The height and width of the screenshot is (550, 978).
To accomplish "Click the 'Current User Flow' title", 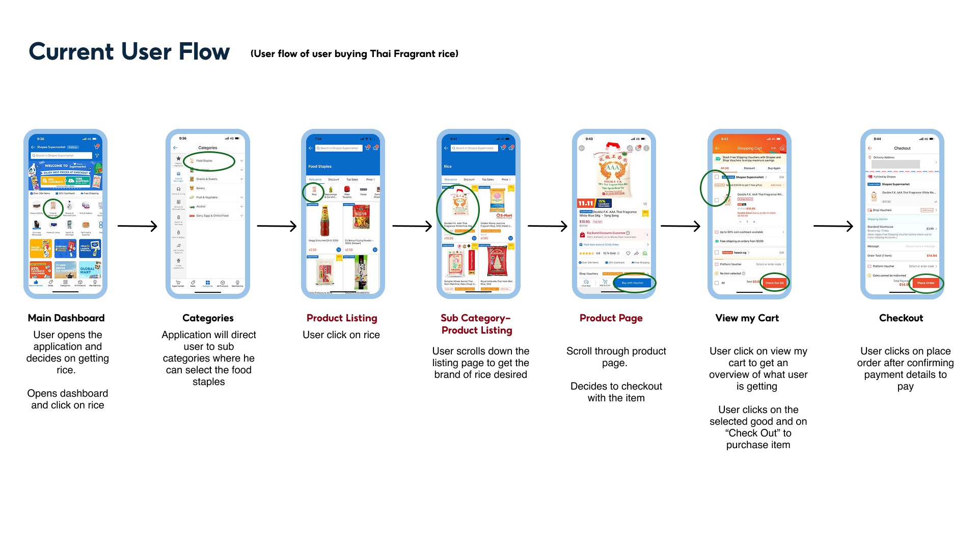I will [x=129, y=51].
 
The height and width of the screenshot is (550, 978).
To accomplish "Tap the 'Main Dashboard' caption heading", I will [x=66, y=318].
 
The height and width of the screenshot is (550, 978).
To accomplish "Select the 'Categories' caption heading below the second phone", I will [x=208, y=318].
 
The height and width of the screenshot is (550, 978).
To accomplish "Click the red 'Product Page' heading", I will [x=611, y=318].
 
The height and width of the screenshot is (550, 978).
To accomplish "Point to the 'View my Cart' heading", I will [x=747, y=318].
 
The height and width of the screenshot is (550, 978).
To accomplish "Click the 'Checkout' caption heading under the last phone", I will [x=901, y=318].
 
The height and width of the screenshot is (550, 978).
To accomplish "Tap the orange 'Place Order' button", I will [x=926, y=283].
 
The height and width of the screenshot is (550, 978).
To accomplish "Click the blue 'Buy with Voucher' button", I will [x=632, y=283].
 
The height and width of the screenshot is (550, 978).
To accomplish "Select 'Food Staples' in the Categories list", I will [x=205, y=160].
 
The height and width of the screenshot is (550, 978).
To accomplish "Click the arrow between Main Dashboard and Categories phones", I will [x=137, y=226].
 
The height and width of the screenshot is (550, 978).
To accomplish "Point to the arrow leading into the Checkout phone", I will [x=833, y=226].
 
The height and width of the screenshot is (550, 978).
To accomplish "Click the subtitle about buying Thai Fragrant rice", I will [x=355, y=53].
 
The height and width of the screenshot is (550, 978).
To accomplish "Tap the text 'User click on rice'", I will [x=341, y=335].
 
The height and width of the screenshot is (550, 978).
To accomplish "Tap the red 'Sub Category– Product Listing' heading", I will [x=476, y=324].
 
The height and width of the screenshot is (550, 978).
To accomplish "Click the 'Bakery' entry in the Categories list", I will [x=201, y=188].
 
